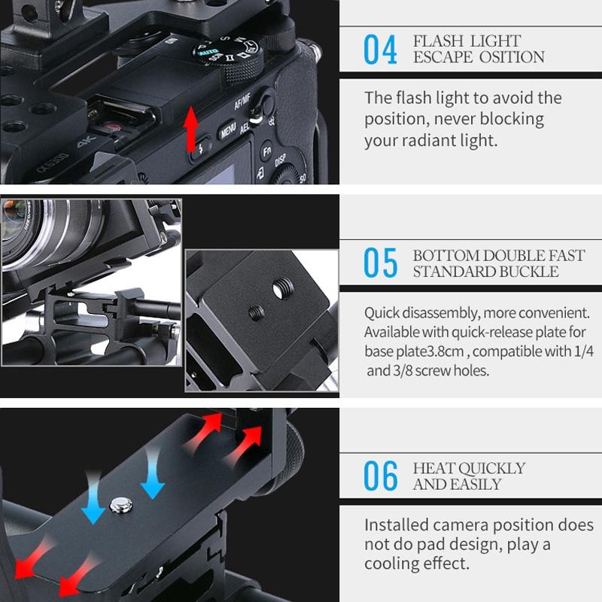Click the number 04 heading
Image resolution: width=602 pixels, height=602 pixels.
point(380,49)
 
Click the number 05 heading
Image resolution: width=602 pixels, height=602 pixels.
point(380,263)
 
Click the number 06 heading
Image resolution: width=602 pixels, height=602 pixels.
point(380,476)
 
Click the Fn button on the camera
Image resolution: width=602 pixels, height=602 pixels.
point(266,151)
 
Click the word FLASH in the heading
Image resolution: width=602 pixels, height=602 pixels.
point(440,41)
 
